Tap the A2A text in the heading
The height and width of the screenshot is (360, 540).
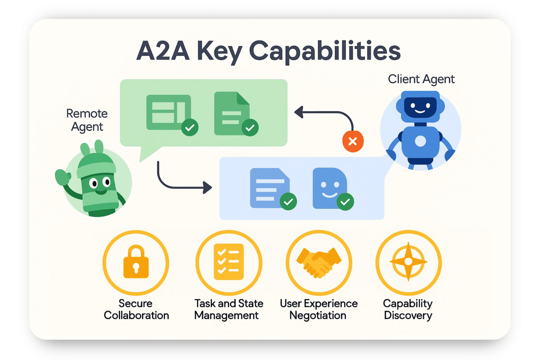[x=163, y=51]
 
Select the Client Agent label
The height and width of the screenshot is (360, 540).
[x=421, y=79]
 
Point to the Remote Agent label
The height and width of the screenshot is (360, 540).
[x=87, y=120]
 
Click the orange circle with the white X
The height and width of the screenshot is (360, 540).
[x=353, y=142]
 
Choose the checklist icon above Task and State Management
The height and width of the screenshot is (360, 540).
[x=229, y=262]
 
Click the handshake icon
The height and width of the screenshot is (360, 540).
[x=319, y=262]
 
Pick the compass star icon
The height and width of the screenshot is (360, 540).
[x=408, y=261]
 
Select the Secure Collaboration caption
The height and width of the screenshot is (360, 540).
[x=136, y=309]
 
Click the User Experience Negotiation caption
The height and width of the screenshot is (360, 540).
[x=318, y=309]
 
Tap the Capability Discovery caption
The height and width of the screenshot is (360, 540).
[x=408, y=309]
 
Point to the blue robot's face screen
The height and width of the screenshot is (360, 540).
[x=420, y=107]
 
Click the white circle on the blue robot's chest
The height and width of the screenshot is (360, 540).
[x=420, y=141]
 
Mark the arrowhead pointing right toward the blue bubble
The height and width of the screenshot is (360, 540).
[x=207, y=187]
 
